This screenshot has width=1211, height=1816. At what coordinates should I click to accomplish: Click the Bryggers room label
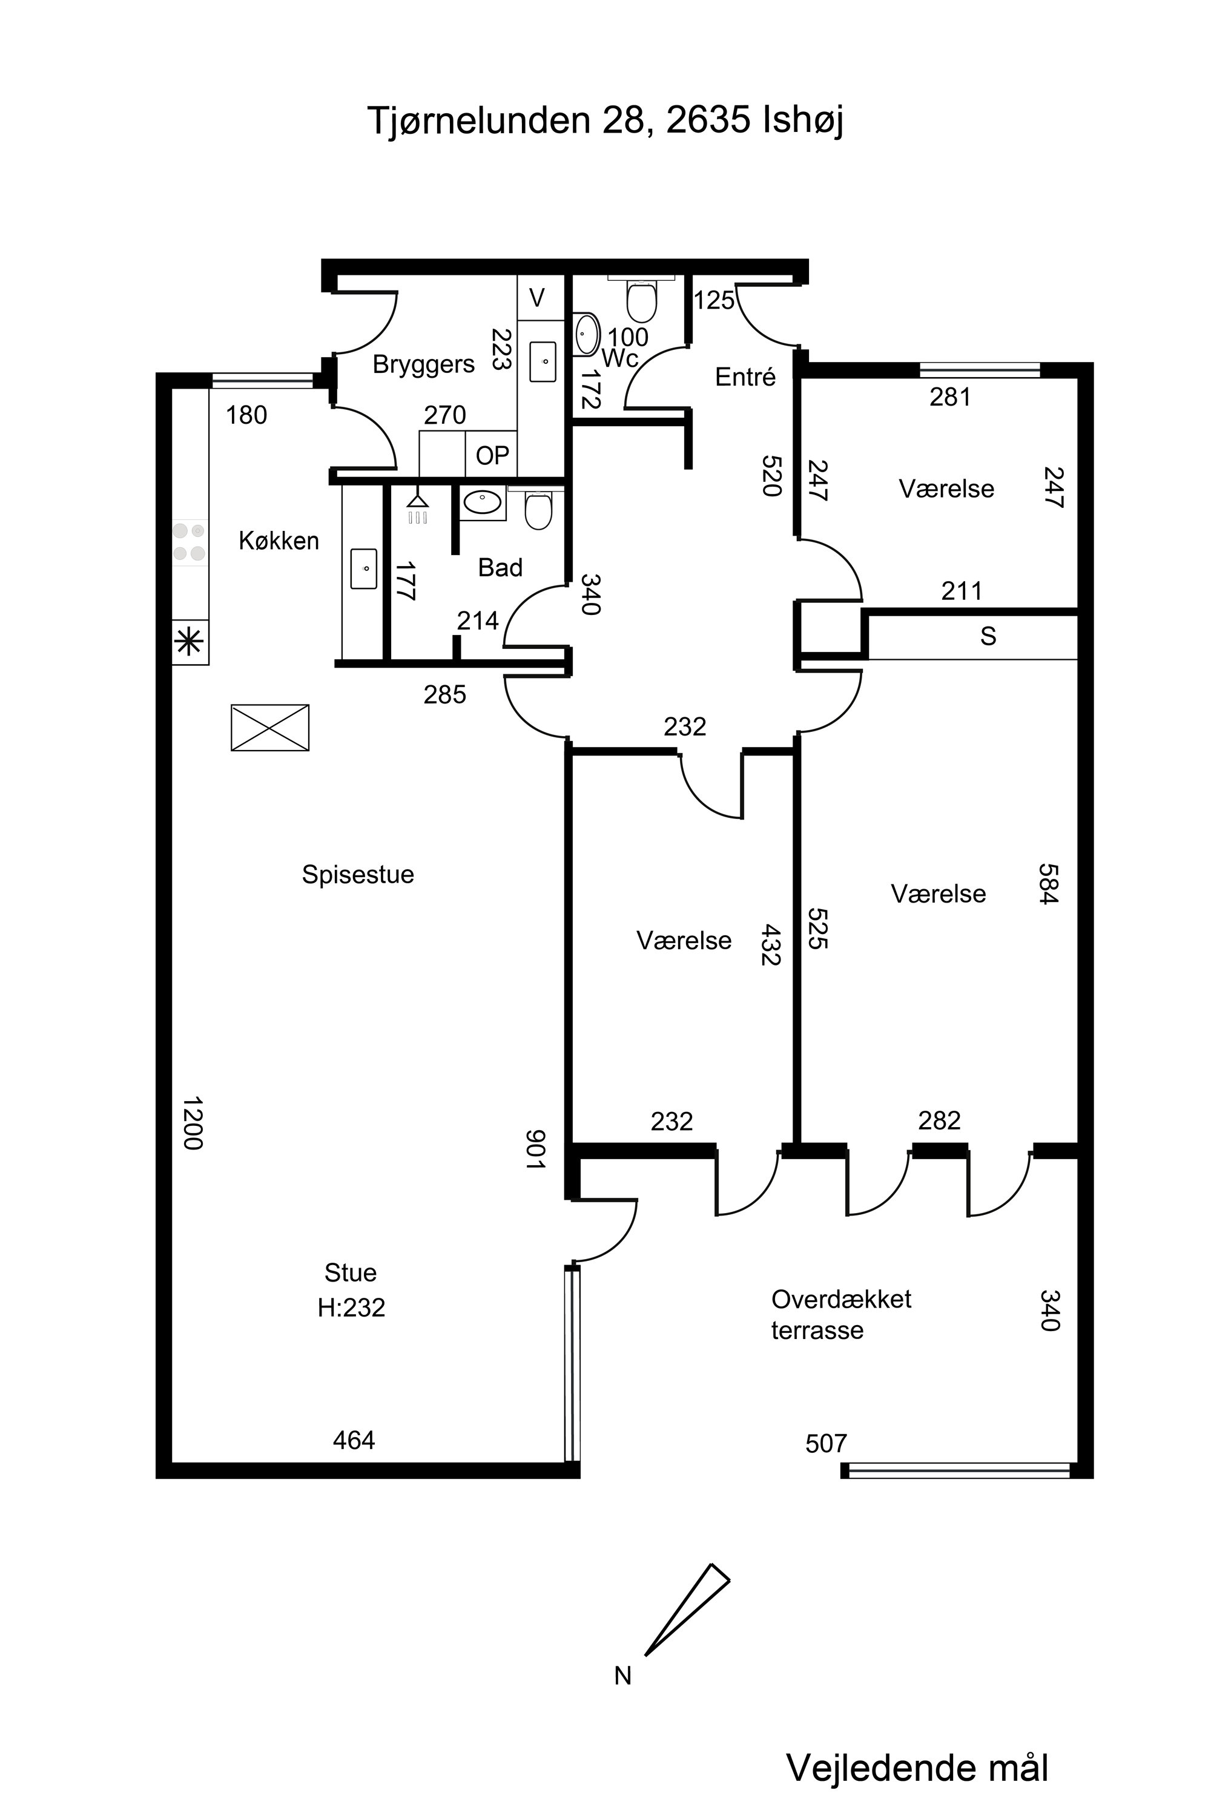coord(423,364)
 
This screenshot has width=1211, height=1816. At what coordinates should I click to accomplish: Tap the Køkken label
coord(279,541)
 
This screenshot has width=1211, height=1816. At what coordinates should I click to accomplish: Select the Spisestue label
coord(358,875)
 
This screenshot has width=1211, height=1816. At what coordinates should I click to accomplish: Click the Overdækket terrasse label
coord(841,1314)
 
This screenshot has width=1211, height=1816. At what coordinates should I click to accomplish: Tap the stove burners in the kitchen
coord(189,542)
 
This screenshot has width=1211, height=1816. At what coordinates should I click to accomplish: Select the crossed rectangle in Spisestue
coord(270,728)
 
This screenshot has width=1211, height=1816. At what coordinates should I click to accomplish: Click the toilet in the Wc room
coord(641,300)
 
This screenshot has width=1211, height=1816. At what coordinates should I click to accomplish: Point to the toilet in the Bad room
coord(538,510)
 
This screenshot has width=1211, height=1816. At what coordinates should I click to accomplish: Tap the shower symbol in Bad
coord(418,507)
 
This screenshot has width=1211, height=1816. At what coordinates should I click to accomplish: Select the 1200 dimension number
coord(193,1123)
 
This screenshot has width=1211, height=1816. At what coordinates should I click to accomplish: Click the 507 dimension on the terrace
coord(827,1443)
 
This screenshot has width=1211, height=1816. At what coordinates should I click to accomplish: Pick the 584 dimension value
coord(1048,883)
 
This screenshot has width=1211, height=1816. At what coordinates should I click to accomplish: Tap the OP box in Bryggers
coord(492,456)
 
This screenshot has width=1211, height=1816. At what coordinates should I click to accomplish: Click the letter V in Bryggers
coord(536,297)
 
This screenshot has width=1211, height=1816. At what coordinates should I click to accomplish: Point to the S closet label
coord(988,636)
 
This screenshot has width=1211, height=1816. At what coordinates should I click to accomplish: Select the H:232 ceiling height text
coord(351,1307)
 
